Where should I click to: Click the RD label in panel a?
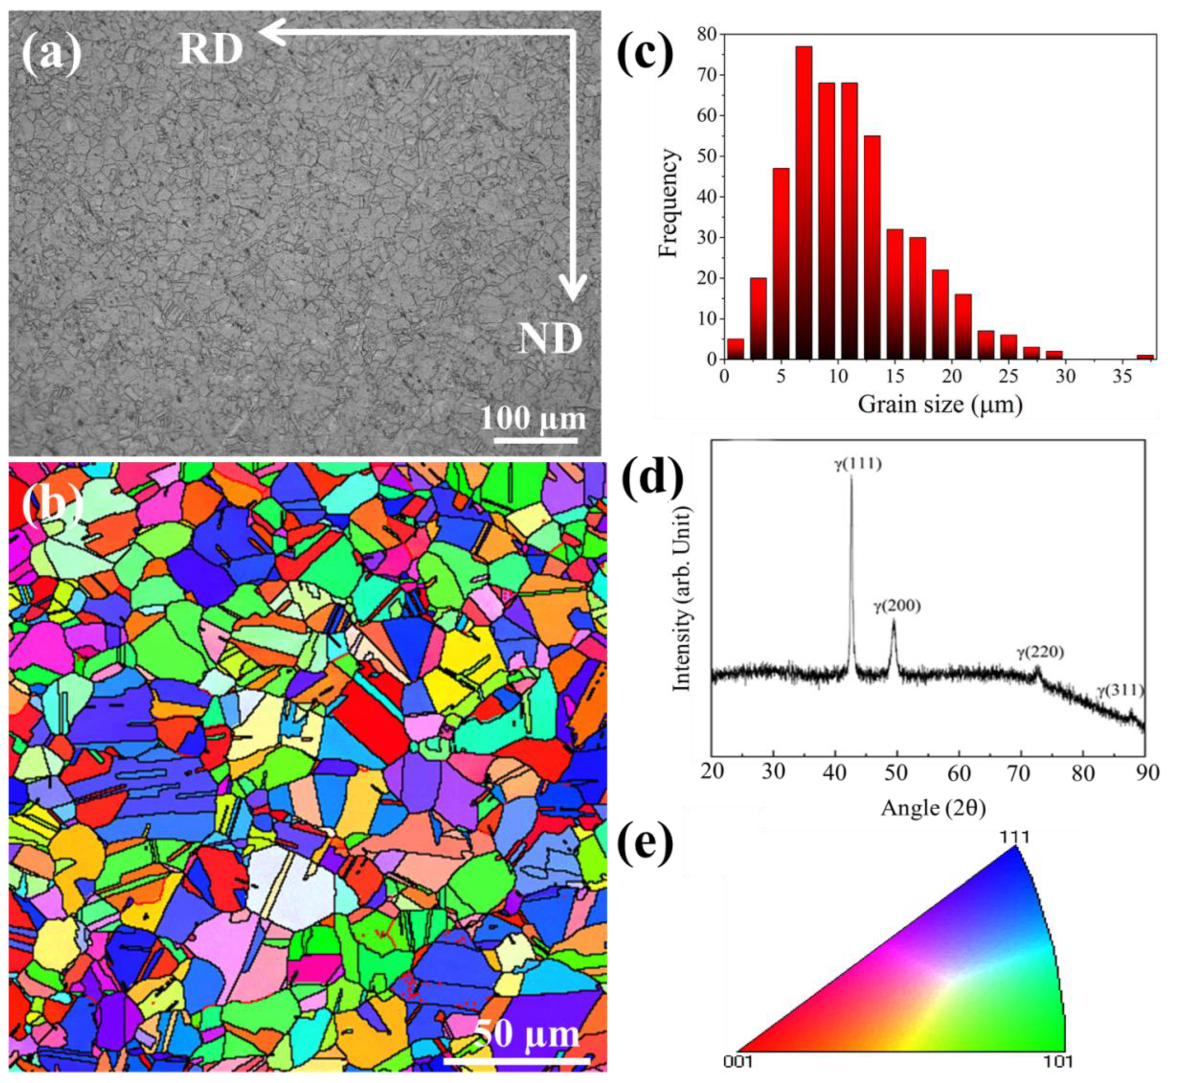point(211,49)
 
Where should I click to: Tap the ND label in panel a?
point(550,339)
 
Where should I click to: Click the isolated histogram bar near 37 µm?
point(1145,356)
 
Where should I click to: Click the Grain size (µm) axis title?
point(940,405)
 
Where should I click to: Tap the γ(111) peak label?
point(857,465)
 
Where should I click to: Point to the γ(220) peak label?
point(1040,652)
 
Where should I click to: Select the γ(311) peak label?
point(1120,691)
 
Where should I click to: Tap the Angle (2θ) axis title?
point(933,809)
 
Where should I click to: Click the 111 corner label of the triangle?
point(1014,837)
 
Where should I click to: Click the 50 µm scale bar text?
point(526,1035)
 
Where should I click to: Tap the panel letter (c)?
point(645,54)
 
